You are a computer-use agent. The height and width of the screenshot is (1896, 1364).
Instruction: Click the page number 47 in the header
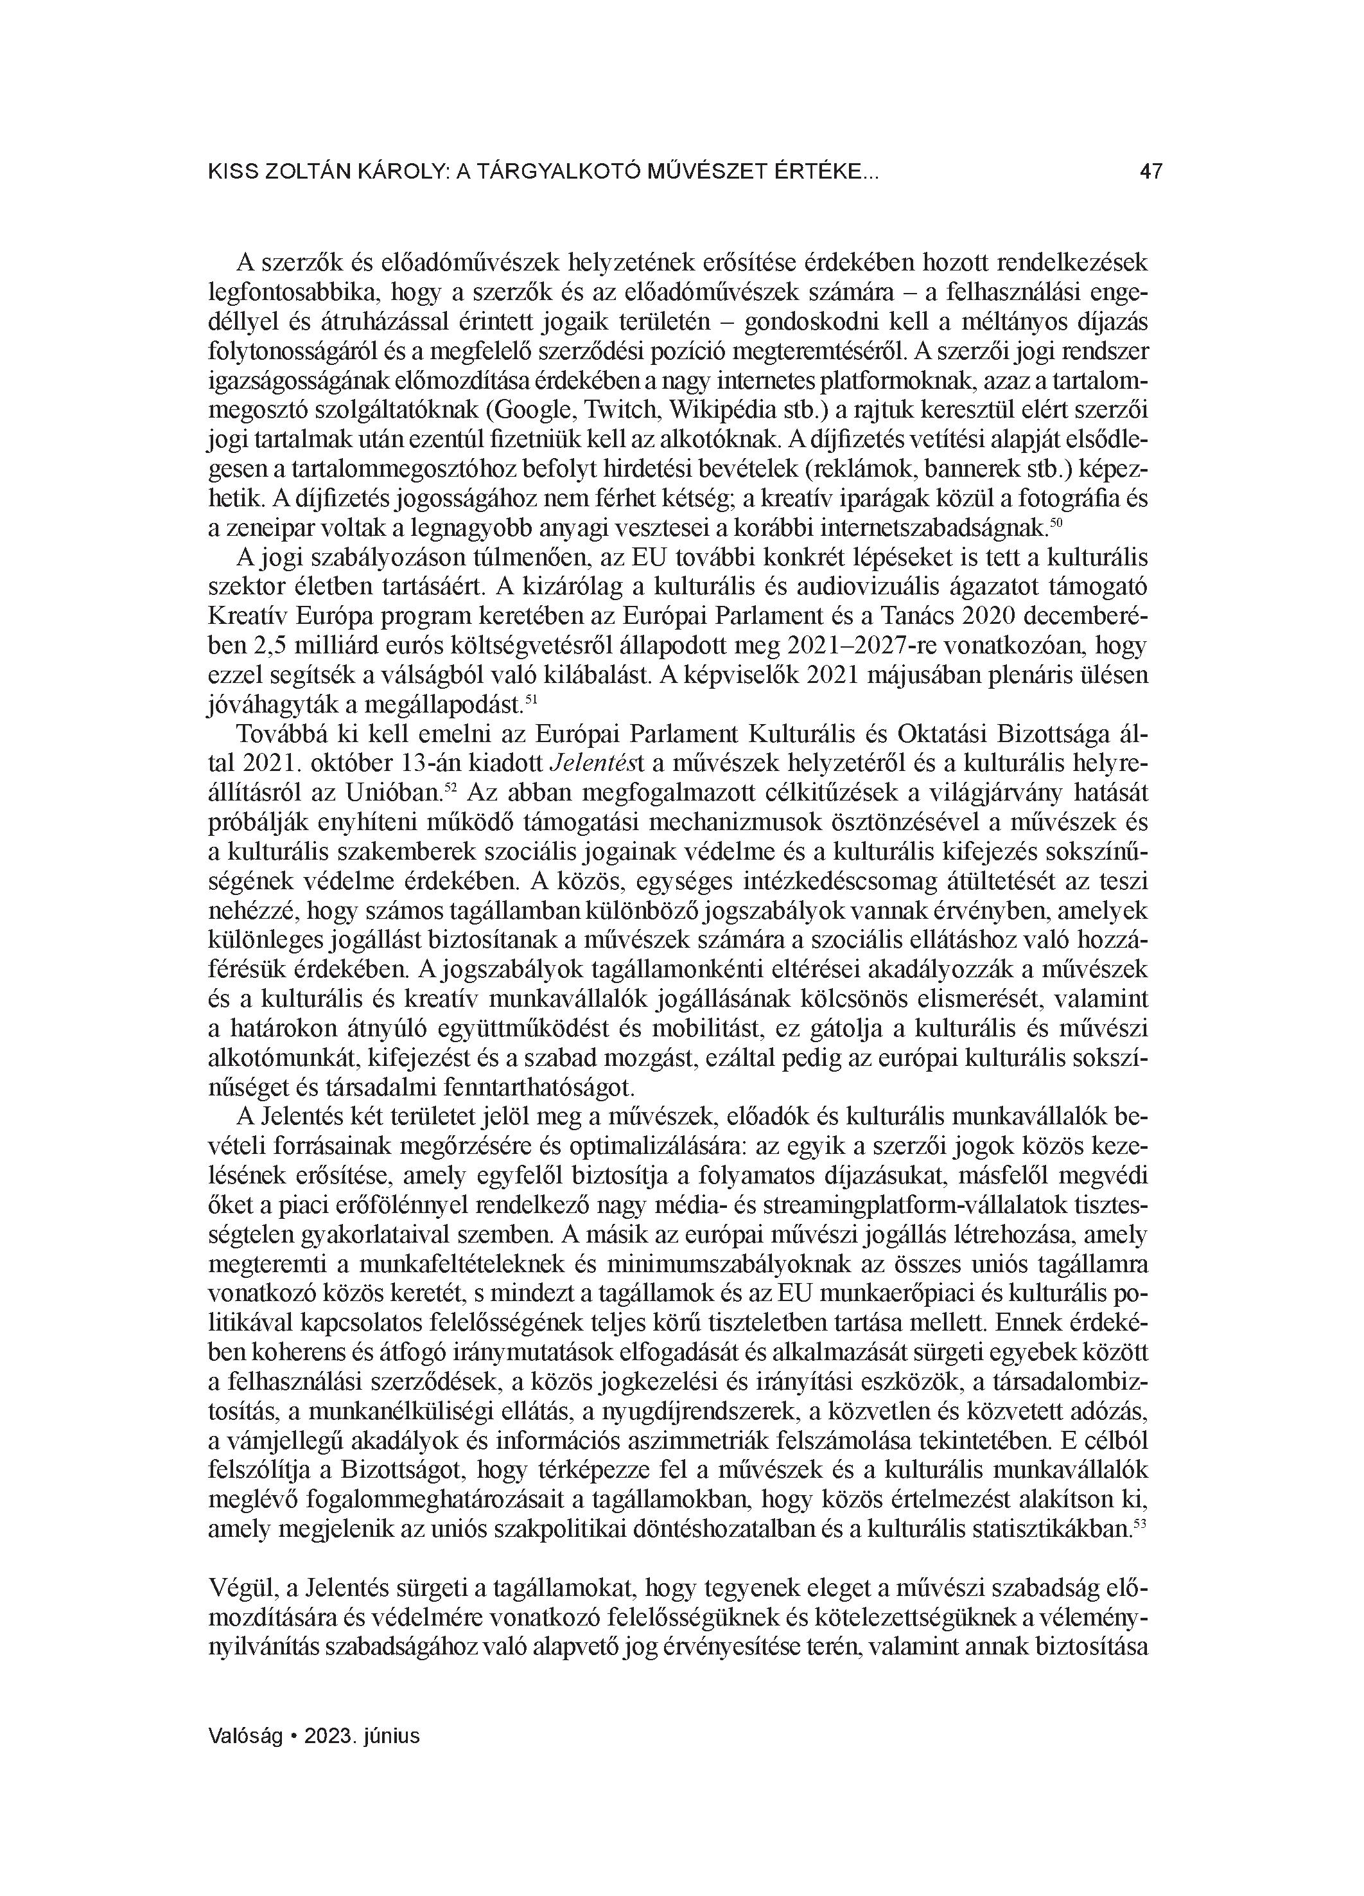1150,172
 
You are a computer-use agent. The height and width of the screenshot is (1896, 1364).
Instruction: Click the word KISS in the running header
232,172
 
